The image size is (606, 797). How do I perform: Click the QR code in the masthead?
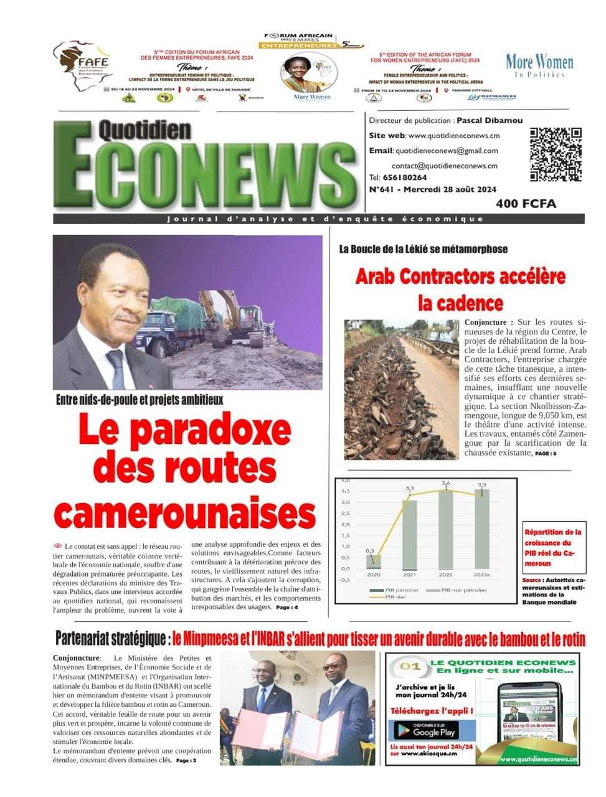point(555,154)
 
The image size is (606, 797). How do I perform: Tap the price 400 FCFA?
point(526,204)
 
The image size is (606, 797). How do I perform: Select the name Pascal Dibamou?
point(489,120)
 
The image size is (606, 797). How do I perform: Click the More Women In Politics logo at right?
point(539,65)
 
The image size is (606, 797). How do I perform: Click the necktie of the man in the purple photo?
point(116,367)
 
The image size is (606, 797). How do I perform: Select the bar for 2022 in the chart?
point(446,529)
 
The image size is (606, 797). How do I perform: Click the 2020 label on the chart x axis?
point(374,574)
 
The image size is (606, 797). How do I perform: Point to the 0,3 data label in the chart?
point(370,550)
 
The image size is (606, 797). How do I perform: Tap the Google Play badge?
point(424,729)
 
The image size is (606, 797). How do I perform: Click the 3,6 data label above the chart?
point(446,483)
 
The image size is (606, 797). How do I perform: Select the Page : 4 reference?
point(287,607)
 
